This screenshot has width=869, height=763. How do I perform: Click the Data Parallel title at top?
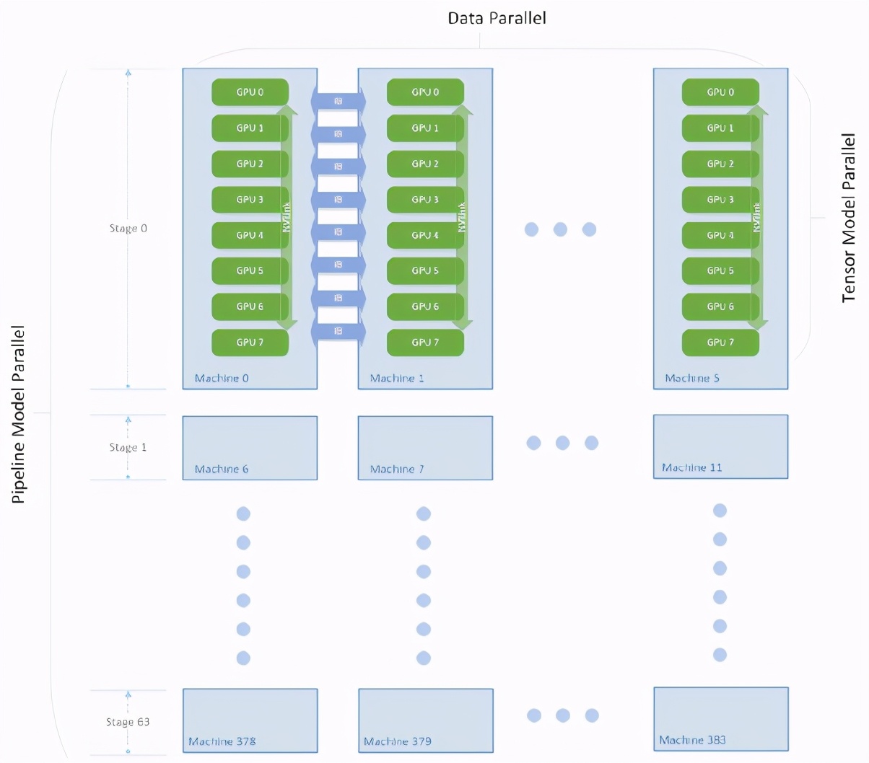[497, 18]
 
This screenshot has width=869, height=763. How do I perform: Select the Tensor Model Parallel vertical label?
[849, 218]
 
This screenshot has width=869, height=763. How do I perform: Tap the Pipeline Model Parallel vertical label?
[19, 415]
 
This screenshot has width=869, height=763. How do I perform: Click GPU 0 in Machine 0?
[250, 92]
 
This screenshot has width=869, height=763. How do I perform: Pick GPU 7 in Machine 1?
[425, 343]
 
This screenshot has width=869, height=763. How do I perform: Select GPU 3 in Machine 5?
[720, 200]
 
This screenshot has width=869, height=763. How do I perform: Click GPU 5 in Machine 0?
[250, 271]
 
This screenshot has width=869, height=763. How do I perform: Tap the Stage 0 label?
[128, 229]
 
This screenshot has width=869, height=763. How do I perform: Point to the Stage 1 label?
[128, 448]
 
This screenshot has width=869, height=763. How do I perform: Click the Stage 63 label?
[128, 722]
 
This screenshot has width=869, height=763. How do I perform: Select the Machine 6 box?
[250, 447]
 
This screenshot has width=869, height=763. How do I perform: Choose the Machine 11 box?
[720, 446]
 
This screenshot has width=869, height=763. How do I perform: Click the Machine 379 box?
[426, 720]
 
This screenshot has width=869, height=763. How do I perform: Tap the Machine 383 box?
[720, 718]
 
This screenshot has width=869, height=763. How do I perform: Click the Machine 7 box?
[425, 447]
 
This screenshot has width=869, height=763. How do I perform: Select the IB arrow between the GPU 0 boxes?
[338, 101]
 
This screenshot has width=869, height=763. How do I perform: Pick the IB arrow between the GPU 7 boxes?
[338, 331]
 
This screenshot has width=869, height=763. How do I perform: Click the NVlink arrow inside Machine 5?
[757, 216]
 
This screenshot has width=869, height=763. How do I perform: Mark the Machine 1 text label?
[397, 378]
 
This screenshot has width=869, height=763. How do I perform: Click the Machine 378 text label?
[222, 741]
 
